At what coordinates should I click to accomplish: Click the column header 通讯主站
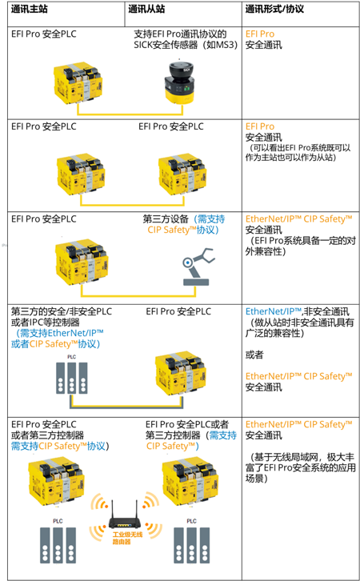point(30,10)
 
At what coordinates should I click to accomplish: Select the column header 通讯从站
point(146,10)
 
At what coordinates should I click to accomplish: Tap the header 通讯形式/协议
point(274,10)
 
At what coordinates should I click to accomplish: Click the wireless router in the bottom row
point(125,516)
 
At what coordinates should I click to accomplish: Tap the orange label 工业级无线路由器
point(127,538)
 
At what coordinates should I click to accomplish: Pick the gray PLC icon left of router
point(58,541)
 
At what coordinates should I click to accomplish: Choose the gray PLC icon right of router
point(191,541)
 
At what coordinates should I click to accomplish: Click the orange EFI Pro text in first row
point(260,34)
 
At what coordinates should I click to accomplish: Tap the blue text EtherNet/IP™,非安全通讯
point(297,311)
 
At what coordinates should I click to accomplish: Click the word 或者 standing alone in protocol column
point(254,355)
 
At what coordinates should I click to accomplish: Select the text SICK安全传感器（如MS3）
point(186,45)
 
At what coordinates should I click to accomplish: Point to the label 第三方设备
point(166,219)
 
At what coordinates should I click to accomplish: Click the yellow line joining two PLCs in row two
point(132,205)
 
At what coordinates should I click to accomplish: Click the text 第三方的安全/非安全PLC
point(62,311)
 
